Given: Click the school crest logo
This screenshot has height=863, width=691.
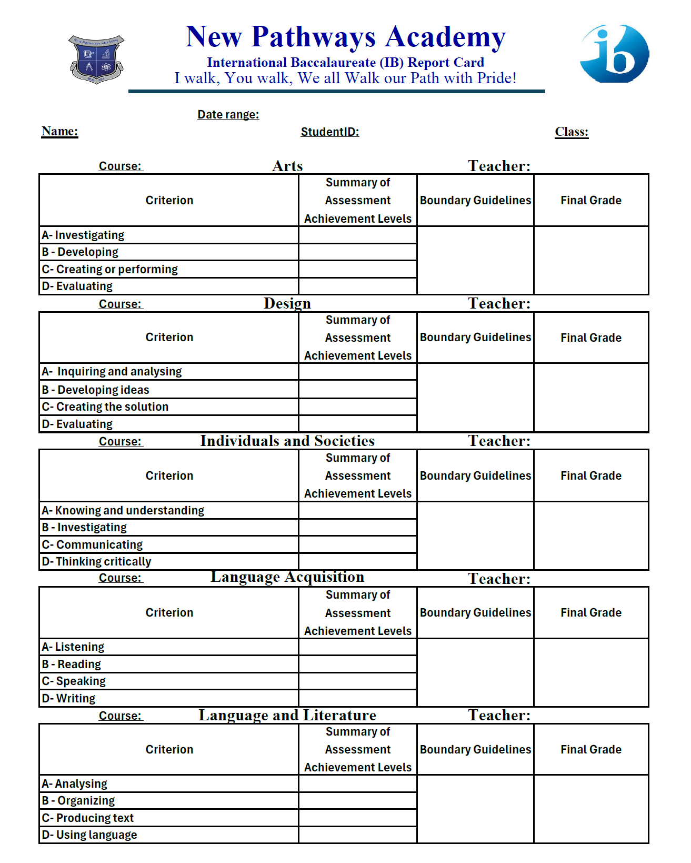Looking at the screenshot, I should [96, 59].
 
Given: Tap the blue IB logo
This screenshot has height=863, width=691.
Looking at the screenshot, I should [614, 54].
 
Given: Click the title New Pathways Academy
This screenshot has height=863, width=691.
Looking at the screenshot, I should [345, 37].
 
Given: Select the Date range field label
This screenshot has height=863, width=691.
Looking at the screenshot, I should [228, 114].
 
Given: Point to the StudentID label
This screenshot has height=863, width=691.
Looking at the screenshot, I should [329, 132].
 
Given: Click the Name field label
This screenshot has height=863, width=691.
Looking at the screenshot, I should [59, 131].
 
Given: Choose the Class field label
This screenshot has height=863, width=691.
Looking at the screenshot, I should [571, 132].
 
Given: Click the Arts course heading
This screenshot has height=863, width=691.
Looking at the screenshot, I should [287, 166].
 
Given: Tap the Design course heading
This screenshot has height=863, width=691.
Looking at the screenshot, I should [287, 303].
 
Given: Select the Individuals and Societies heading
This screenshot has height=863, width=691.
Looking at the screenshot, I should [287, 441].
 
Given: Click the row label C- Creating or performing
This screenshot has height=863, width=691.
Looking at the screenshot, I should [109, 269].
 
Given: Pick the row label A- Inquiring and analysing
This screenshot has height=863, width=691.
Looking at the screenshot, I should [112, 371].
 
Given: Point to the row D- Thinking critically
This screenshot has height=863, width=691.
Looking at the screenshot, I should [96, 561].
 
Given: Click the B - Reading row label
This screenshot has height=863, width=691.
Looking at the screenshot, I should [72, 664].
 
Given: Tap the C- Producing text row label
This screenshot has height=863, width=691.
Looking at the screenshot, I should [87, 818].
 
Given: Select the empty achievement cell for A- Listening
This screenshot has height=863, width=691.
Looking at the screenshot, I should [357, 647].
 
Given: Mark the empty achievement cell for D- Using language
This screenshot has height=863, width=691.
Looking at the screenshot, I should [357, 835].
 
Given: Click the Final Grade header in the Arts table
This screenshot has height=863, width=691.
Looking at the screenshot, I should [590, 200].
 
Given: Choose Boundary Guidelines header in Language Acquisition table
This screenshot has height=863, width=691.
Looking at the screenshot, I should [475, 612].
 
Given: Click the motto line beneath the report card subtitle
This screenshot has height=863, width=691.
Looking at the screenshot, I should [345, 78].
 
